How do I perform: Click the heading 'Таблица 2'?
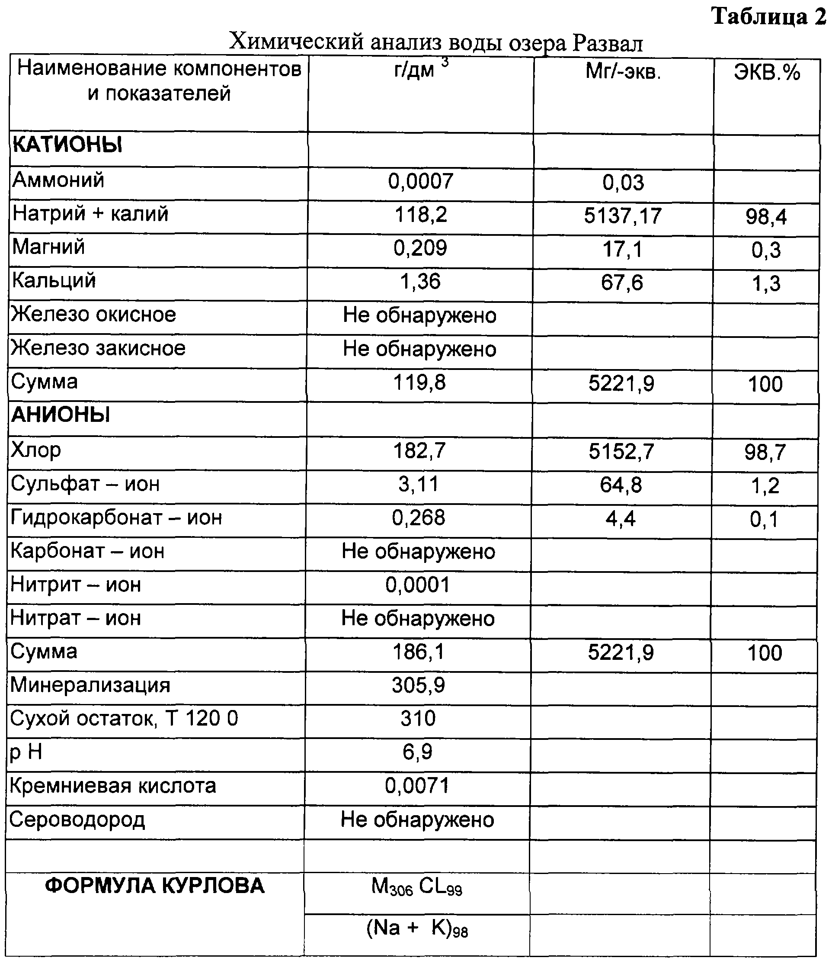tap(769, 17)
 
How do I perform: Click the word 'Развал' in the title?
tap(608, 43)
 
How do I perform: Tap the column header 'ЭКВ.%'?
tap(767, 73)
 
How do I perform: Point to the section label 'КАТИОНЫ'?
tap(67, 145)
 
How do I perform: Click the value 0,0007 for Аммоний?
tap(420, 181)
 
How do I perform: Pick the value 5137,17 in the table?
tap(622, 216)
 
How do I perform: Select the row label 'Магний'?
tap(49, 247)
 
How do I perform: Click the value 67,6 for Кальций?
tap(622, 283)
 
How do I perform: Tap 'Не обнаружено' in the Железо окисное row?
tap(419, 315)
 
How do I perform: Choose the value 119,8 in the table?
tap(419, 382)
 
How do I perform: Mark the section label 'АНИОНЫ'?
tap(61, 414)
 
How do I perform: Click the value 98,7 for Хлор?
tap(765, 452)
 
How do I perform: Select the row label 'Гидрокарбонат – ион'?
tap(116, 517)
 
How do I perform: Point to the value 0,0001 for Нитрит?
tap(418, 585)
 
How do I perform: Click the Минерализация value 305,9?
tap(418, 685)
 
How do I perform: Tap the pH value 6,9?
tap(418, 752)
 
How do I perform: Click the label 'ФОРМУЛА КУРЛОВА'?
tap(155, 885)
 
